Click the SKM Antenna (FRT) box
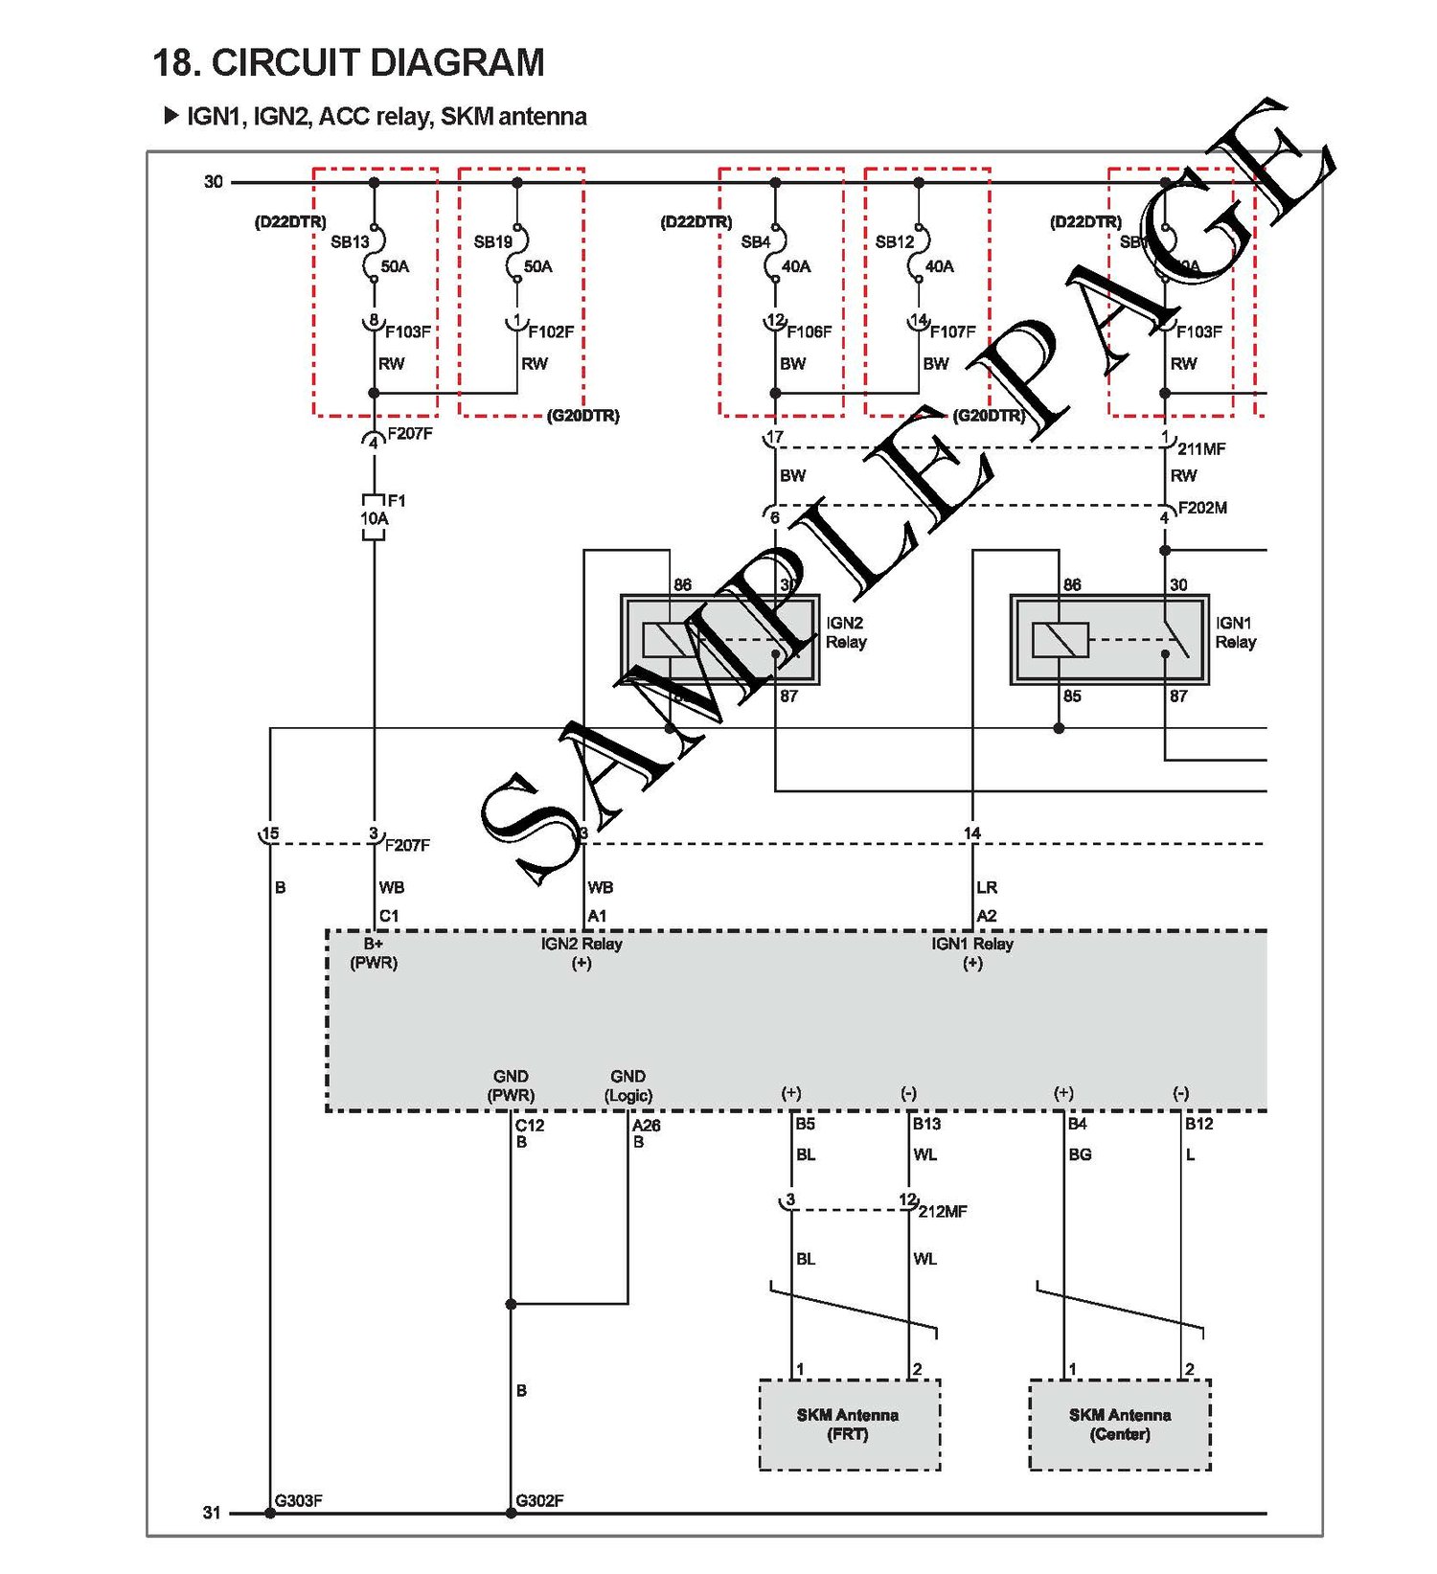pyautogui.click(x=849, y=1425)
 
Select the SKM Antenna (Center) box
pyautogui.click(x=1120, y=1425)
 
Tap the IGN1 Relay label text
pyautogui.click(x=1235, y=632)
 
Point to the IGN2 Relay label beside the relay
pyautogui.click(x=845, y=632)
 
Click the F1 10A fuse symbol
pyautogui.click(x=374, y=518)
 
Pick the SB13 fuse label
pyautogui.click(x=350, y=242)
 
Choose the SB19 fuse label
pyautogui.click(x=492, y=242)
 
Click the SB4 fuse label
pyautogui.click(x=755, y=242)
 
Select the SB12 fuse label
pyautogui.click(x=895, y=242)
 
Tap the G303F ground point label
pyautogui.click(x=298, y=1500)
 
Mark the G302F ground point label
pyautogui.click(x=539, y=1500)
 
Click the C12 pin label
pyautogui.click(x=530, y=1125)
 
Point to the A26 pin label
pyautogui.click(x=647, y=1125)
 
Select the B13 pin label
pyautogui.click(x=926, y=1124)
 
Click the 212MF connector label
pyautogui.click(x=943, y=1211)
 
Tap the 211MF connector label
pyautogui.click(x=1201, y=448)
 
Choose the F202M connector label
pyautogui.click(x=1202, y=508)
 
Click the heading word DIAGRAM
pyautogui.click(x=457, y=63)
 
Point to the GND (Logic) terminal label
pyautogui.click(x=628, y=1085)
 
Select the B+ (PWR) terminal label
pyautogui.click(x=374, y=953)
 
